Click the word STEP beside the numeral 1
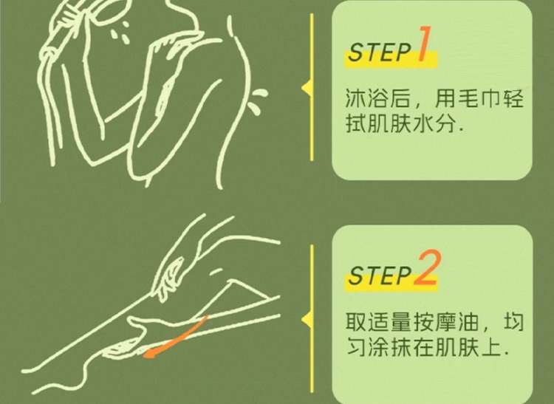click(x=379, y=52)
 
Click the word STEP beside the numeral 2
click(x=380, y=275)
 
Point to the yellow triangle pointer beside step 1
click(x=307, y=89)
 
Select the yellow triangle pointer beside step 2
click(x=307, y=320)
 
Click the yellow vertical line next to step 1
click(x=312, y=87)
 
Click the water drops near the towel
click(x=121, y=31)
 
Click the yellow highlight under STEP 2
click(x=391, y=283)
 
